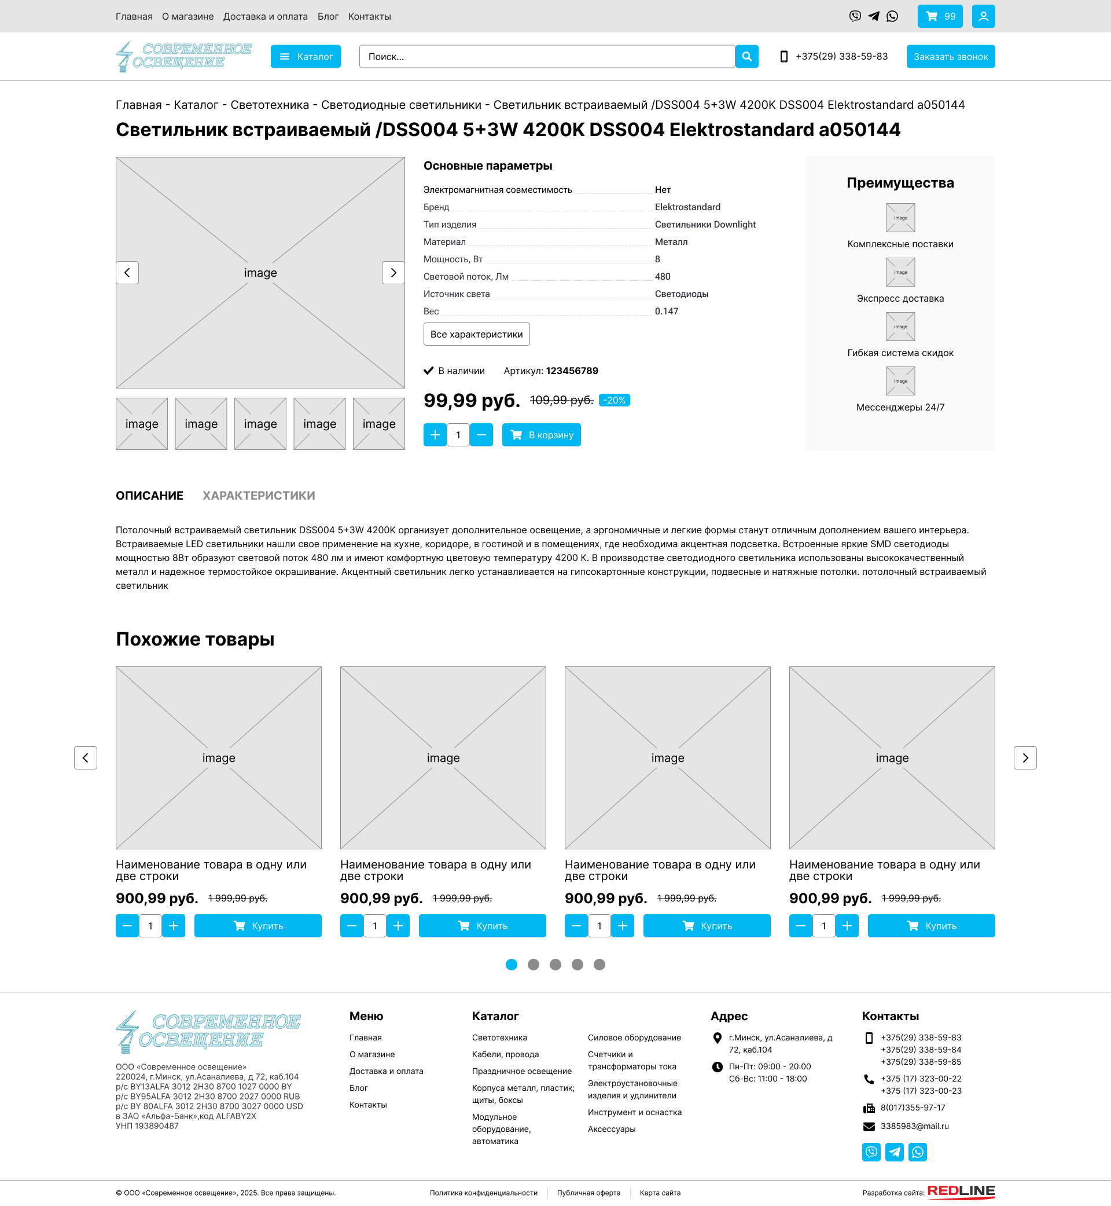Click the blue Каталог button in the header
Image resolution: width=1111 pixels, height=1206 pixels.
[306, 57]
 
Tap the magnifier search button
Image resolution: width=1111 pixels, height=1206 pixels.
[746, 57]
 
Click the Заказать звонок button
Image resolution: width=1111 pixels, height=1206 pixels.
[950, 57]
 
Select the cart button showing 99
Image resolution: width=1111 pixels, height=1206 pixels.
[940, 16]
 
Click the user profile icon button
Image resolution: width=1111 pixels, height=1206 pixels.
[983, 16]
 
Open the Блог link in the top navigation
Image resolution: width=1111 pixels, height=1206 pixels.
[328, 16]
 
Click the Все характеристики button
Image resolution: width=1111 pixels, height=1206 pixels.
[476, 335]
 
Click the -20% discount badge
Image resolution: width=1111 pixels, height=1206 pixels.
[614, 401]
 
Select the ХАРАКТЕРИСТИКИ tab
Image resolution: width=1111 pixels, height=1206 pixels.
[259, 496]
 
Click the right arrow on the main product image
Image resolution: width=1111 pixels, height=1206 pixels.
[393, 273]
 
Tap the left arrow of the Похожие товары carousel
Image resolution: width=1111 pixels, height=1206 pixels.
[86, 758]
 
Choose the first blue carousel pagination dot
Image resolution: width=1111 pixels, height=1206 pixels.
[511, 965]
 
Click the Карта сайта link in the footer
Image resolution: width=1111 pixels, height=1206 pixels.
[660, 1193]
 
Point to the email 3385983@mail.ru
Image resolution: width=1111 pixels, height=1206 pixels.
[914, 1126]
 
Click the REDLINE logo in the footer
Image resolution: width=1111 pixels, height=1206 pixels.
[961, 1191]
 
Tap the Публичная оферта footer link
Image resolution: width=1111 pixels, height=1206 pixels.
[588, 1193]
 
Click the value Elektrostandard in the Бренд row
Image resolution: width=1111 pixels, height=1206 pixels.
[687, 207]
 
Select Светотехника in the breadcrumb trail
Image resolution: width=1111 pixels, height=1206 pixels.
[269, 105]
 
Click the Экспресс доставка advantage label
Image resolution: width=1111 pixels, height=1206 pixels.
[900, 298]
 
